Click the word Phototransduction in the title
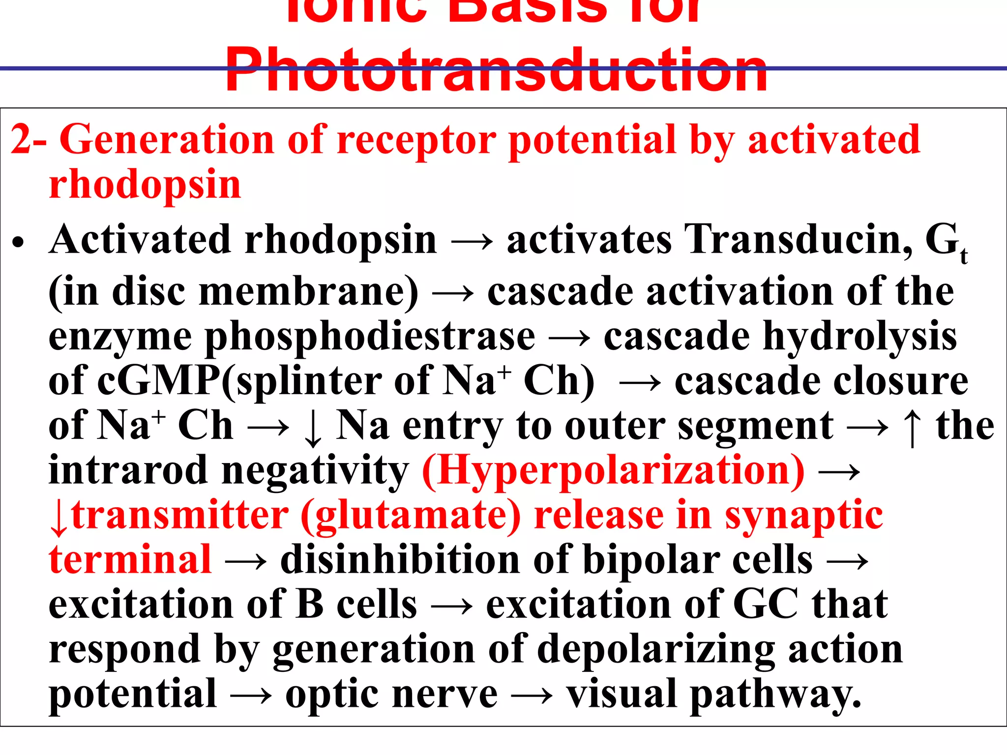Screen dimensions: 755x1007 point(496,70)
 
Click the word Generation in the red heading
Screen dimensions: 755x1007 point(166,141)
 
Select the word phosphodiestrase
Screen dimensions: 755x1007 point(370,338)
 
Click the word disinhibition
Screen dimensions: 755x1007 point(400,560)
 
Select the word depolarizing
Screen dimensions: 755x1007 point(656,650)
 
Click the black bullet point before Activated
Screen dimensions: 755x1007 point(19,242)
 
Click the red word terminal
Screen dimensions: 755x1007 point(130,560)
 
